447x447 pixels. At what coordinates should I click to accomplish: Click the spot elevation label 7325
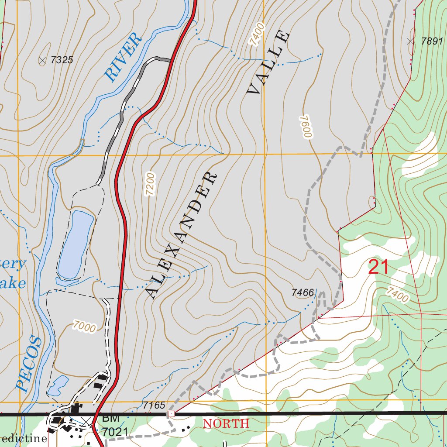61,60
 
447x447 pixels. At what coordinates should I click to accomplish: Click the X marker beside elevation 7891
410,41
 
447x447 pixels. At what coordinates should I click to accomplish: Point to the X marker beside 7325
42,61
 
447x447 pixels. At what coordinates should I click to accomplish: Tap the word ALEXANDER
181,236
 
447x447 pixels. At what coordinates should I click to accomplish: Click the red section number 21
378,267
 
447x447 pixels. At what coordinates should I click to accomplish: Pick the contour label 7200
149,185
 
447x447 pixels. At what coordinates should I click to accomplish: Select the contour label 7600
305,127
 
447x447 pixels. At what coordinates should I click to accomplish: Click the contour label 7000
84,327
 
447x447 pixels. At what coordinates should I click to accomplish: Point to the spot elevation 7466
303,292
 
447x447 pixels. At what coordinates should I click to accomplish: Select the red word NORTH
226,423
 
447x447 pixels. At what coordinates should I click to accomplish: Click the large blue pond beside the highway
76,244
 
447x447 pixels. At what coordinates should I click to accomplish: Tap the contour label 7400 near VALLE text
257,35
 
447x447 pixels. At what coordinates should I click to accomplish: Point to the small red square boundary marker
171,413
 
